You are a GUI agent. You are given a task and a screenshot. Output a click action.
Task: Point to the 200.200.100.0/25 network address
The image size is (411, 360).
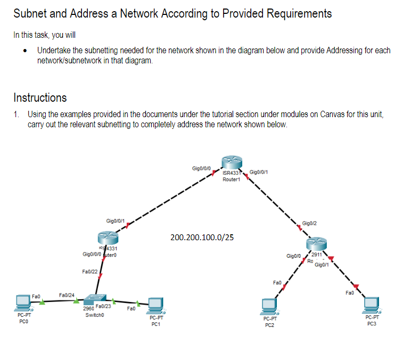[202, 237]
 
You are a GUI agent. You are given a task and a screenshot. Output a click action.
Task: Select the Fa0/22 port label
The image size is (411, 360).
[89, 272]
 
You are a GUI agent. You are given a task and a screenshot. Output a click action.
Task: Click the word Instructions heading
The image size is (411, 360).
[40, 97]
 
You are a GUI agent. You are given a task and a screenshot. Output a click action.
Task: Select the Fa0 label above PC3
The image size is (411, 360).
[349, 292]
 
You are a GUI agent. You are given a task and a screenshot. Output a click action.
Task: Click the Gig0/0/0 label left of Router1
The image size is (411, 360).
[202, 168]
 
